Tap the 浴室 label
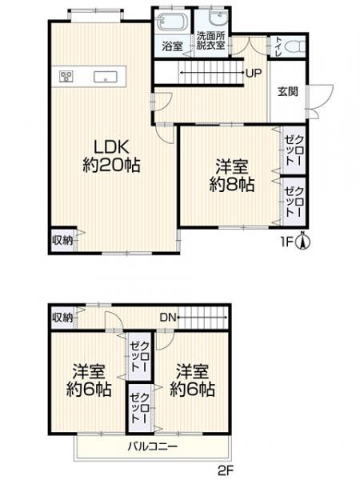(x=171, y=46)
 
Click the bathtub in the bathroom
(x=171, y=22)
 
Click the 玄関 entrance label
(x=288, y=91)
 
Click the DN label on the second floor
(x=167, y=318)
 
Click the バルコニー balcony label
(x=152, y=446)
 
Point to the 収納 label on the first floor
(x=62, y=240)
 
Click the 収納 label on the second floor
(x=62, y=318)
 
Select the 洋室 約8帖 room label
(x=231, y=175)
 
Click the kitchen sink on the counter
(x=103, y=77)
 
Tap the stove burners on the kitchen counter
(x=66, y=77)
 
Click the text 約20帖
(x=111, y=166)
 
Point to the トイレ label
(x=277, y=45)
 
